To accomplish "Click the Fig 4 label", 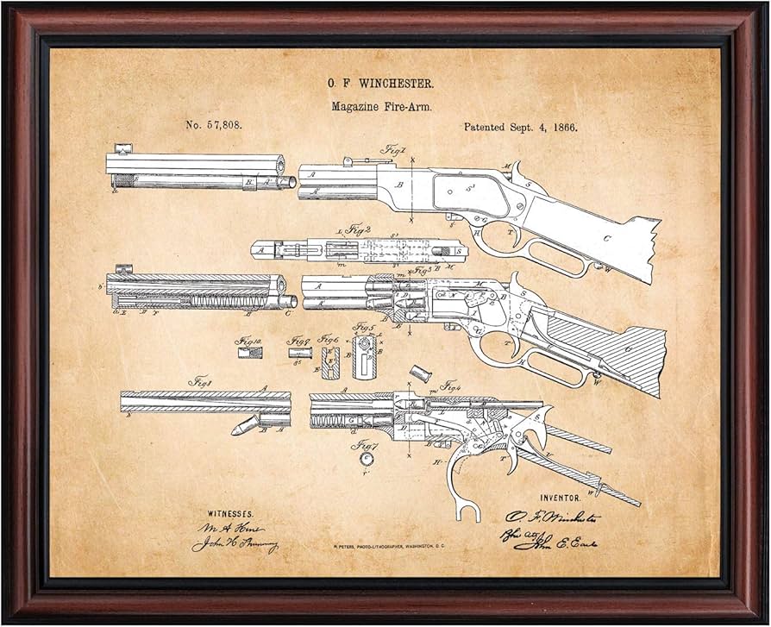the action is click(450, 387).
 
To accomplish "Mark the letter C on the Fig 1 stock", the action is click(607, 238).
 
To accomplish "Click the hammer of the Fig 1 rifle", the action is click(520, 171).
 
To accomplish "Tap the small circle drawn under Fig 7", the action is click(364, 461).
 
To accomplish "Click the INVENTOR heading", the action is click(560, 498).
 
